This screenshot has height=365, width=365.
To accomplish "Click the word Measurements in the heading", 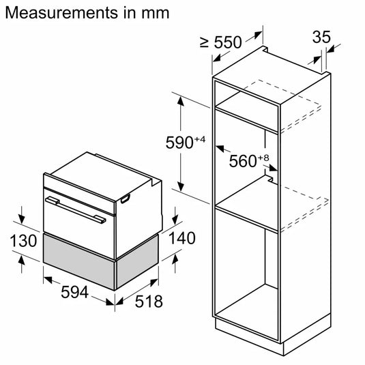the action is [x=61, y=12].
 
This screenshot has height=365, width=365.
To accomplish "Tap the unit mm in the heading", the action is [x=156, y=13].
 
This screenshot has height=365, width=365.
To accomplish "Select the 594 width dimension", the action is [x=74, y=292].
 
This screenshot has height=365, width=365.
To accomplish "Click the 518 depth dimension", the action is [x=149, y=302].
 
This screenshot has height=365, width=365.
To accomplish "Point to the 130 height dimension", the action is [x=23, y=240].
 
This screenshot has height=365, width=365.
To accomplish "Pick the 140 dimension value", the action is [x=181, y=238].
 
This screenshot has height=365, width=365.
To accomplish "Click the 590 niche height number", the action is [x=179, y=143].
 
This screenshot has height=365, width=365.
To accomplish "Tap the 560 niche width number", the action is [x=243, y=161].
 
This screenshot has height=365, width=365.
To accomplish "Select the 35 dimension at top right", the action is [x=321, y=37].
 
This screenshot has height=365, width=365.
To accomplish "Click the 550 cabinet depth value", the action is [x=228, y=42].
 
